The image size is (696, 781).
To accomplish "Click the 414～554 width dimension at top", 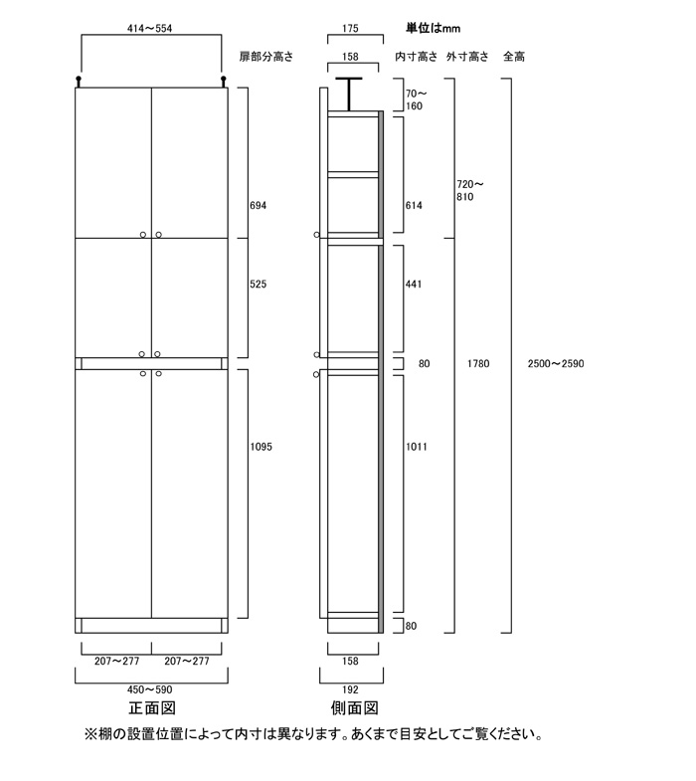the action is click(x=149, y=29).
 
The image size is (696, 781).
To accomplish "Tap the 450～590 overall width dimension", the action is click(x=149, y=689).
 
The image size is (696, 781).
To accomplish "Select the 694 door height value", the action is click(x=258, y=205).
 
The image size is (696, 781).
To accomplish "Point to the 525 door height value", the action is click(x=258, y=284).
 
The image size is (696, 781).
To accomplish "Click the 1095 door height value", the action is click(x=261, y=447).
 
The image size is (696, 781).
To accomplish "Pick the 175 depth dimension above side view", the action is click(x=350, y=29).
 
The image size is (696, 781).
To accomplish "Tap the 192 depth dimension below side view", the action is click(x=350, y=689).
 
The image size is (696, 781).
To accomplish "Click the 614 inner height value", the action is click(x=414, y=205).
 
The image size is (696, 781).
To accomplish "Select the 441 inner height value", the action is click(x=414, y=284).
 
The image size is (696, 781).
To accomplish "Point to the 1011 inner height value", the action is click(x=417, y=447).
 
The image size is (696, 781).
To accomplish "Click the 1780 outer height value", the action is click(x=478, y=363).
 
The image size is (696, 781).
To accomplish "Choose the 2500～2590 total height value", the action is click(x=556, y=363).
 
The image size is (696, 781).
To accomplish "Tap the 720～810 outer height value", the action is click(x=470, y=190).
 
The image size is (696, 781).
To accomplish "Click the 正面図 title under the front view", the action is click(x=152, y=707).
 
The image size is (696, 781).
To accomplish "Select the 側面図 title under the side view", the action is click(x=355, y=707).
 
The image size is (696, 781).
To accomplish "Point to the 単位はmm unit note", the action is click(x=433, y=29).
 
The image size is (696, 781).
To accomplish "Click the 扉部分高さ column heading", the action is click(x=266, y=57).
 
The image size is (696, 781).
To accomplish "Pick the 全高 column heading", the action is click(x=514, y=57).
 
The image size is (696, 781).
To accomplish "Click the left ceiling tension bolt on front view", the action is click(x=79, y=82).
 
